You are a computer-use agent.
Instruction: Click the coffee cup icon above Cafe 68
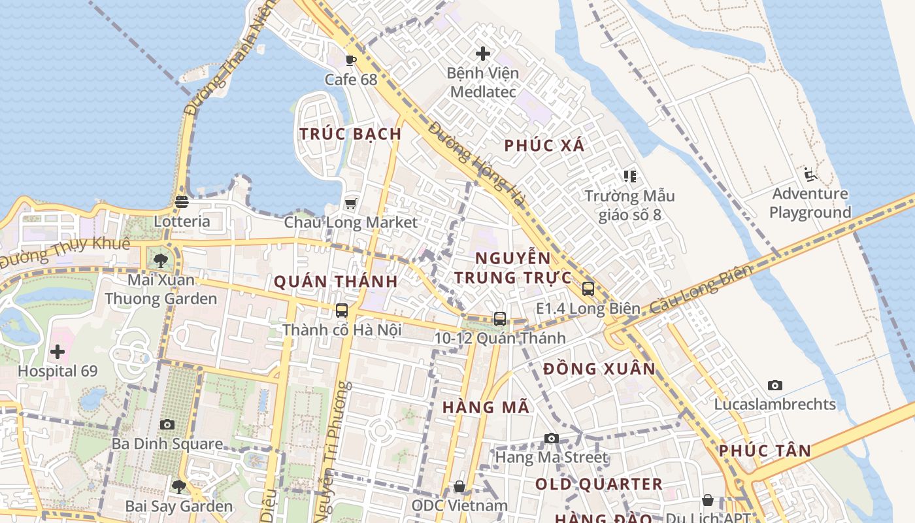tap(351, 61)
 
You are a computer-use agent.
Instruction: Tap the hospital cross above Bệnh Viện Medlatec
tap(483, 53)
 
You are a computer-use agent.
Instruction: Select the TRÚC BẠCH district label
tap(350, 134)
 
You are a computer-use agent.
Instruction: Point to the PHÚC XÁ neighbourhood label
tap(544, 146)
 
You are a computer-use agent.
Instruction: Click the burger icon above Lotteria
tap(182, 202)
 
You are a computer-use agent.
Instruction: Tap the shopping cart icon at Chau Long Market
tap(351, 203)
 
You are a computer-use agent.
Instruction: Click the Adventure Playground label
tap(810, 203)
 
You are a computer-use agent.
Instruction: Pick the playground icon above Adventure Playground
tap(810, 175)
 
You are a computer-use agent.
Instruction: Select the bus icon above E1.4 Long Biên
tap(588, 288)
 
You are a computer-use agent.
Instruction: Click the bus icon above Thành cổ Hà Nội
tap(342, 310)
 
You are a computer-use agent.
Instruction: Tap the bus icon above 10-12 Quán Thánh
tap(500, 318)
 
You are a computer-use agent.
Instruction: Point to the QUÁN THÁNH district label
tap(335, 282)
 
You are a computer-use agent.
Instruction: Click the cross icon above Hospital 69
tap(58, 352)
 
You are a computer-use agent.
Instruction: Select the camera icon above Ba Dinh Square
tap(167, 424)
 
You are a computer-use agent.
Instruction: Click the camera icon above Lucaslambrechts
tap(775, 385)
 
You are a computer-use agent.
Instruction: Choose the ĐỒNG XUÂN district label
tap(599, 369)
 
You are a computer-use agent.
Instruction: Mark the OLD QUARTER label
tap(599, 484)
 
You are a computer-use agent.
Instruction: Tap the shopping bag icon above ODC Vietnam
tap(459, 486)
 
